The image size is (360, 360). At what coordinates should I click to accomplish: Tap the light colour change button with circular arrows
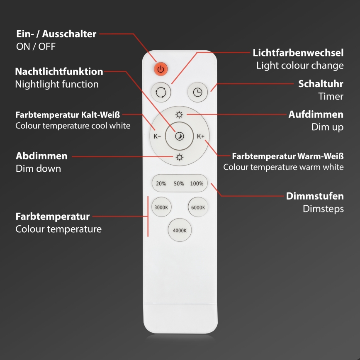161,92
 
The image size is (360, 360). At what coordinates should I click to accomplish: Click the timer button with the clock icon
198,92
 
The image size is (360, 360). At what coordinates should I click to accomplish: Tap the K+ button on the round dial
201,136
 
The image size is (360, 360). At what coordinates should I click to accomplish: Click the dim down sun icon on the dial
179,157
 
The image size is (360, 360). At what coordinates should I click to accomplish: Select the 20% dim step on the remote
161,183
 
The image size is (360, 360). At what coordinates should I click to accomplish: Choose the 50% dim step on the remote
179,183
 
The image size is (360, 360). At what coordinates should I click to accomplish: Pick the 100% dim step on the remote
197,183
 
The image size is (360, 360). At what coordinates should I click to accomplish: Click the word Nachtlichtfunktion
59,71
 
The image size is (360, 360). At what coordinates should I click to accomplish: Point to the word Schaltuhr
321,84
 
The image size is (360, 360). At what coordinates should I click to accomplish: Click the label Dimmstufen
315,196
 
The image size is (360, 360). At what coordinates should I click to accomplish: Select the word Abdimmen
41,156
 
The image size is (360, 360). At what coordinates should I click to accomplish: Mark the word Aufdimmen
316,114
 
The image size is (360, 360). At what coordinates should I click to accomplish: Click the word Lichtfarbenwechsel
298,53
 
